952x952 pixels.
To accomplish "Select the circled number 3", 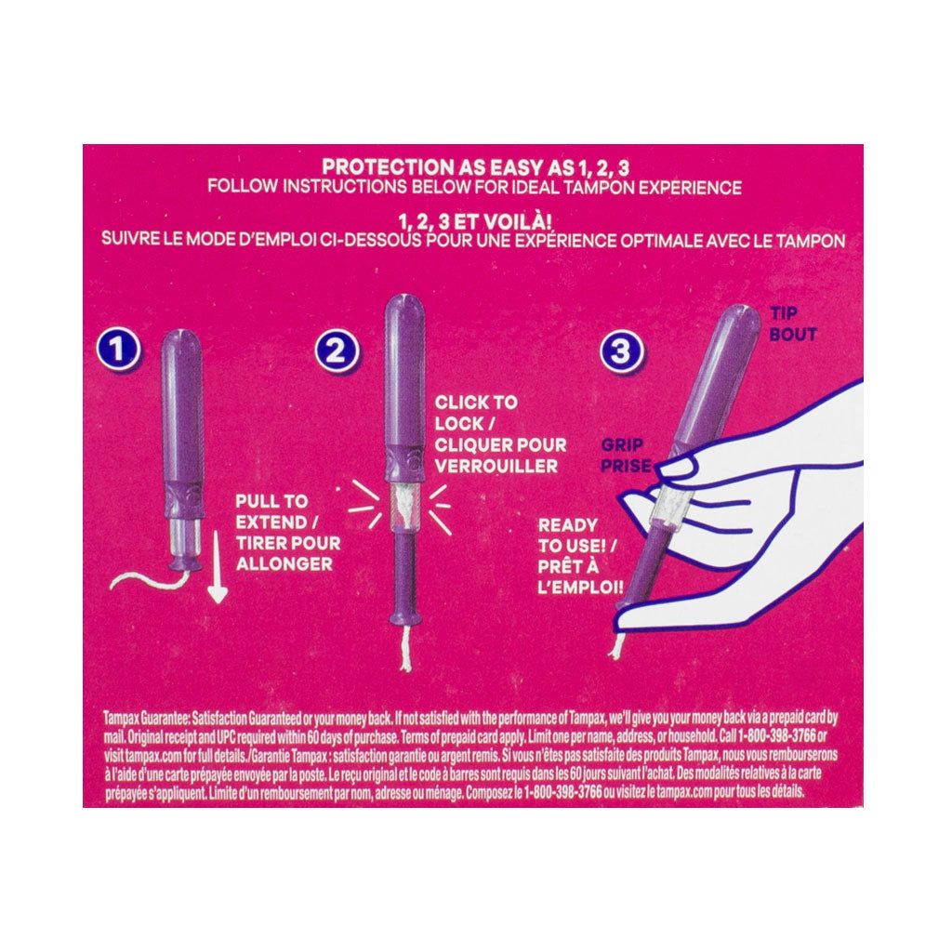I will pyautogui.click(x=622, y=351).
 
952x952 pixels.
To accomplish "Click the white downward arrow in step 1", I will pyautogui.click(x=218, y=576).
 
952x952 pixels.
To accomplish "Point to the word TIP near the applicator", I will pyautogui.click(x=784, y=315).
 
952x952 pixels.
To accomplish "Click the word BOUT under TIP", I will pyautogui.click(x=793, y=334).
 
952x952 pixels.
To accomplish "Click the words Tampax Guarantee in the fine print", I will pyautogui.click(x=149, y=716).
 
